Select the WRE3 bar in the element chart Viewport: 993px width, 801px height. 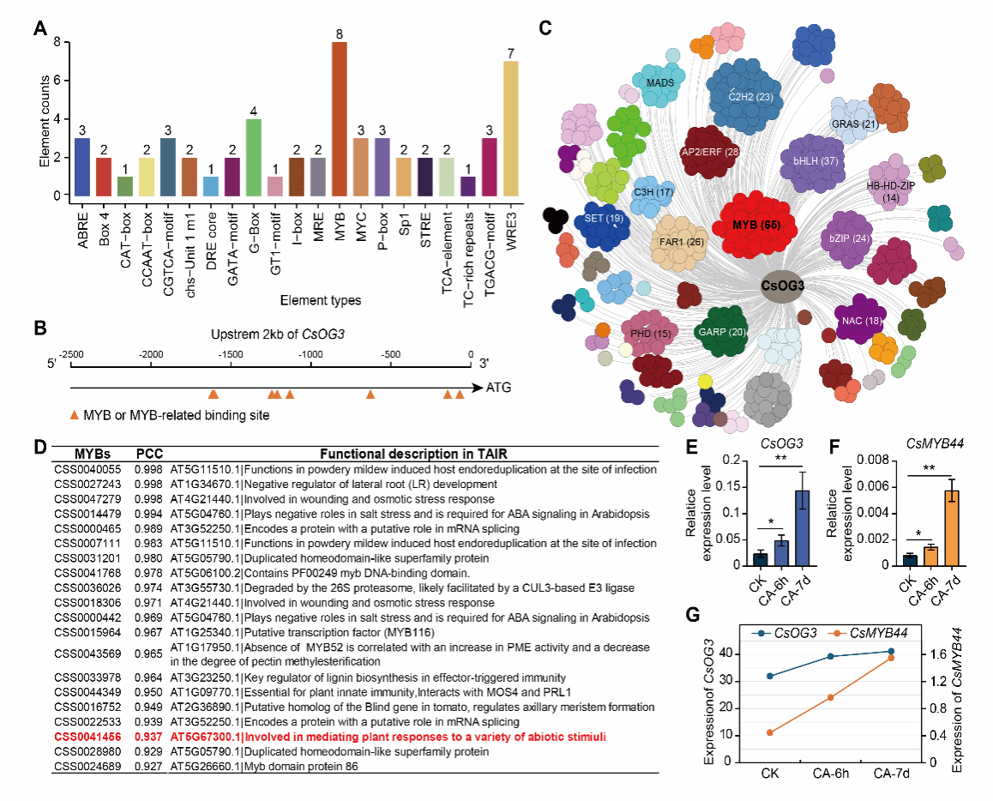[511, 129]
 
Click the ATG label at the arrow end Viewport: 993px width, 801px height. [499, 387]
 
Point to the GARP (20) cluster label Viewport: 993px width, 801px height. [725, 333]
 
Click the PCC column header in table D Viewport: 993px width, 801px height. [149, 453]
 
